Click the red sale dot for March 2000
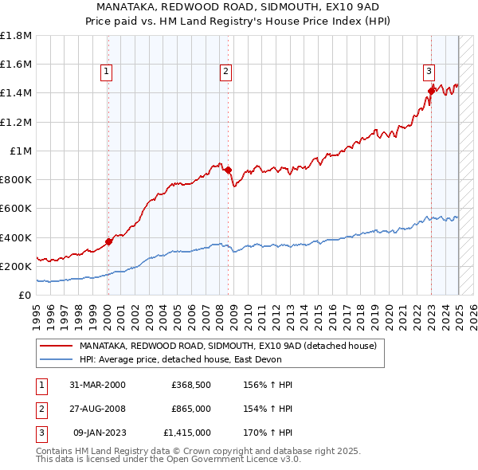pos(108,242)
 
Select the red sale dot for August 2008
pos(228,170)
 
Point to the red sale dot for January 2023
pos(431,91)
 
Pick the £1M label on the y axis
pos(21,151)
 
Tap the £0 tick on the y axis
pos(25,295)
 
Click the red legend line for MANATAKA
pos(56,346)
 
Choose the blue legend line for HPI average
pos(56,359)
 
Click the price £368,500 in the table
pos(191,385)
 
